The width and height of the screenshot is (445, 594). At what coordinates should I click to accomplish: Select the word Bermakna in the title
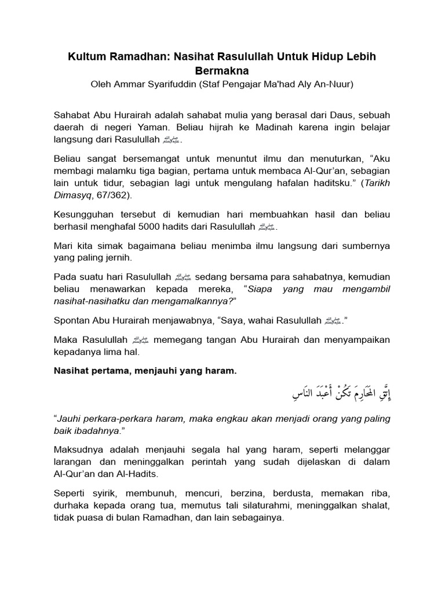point(222,71)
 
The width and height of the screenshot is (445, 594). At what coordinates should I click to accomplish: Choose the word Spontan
point(73,320)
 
